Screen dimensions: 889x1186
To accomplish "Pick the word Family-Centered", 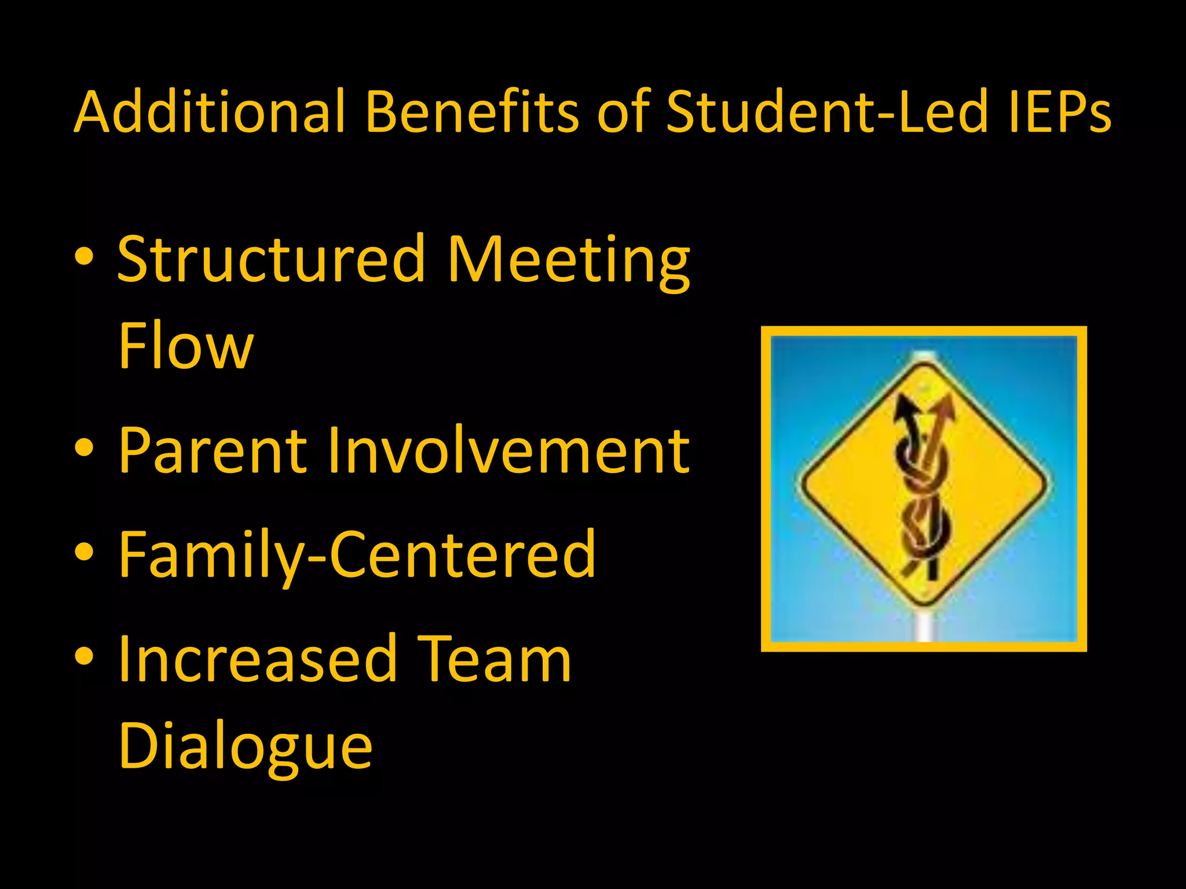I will coord(357,556).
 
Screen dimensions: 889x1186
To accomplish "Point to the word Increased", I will coord(257,660).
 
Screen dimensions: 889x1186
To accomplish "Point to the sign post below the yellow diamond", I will coord(925,625).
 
